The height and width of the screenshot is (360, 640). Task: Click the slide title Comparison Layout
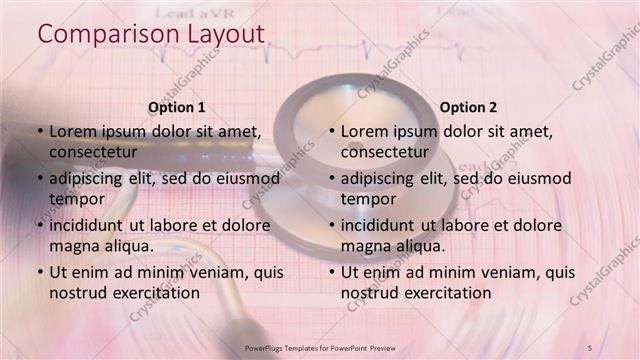coord(151,33)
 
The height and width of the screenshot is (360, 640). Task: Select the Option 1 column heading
coord(177,107)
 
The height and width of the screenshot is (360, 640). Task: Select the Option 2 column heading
coord(468,107)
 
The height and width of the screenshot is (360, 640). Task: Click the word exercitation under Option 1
coord(149,292)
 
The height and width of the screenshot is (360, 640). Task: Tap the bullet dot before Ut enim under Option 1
coord(39,272)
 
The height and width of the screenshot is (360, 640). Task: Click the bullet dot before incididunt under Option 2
coord(331,225)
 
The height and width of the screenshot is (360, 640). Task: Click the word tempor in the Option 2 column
coord(369,198)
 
